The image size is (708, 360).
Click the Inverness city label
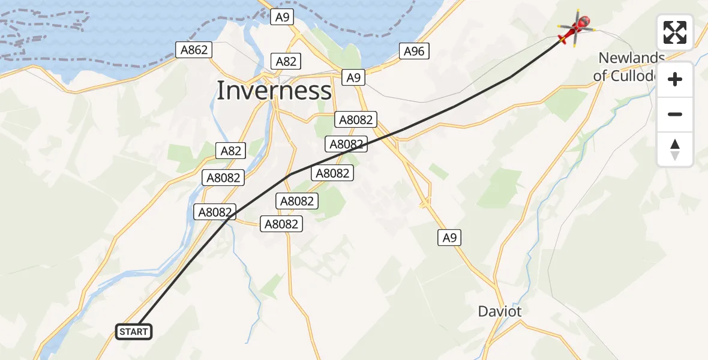point(274,91)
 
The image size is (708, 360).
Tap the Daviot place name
point(499,311)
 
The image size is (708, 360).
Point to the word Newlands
point(632,58)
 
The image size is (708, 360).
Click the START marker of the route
point(133,332)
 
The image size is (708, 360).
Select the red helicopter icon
point(576,27)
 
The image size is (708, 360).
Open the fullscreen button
point(675,32)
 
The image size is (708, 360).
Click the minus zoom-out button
point(675,115)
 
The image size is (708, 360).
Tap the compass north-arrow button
point(675,149)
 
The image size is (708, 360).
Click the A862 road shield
point(194,50)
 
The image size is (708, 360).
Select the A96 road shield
point(414,52)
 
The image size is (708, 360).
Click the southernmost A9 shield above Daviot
point(449,238)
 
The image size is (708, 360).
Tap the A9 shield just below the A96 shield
point(354,77)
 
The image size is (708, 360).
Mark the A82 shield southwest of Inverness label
point(231,151)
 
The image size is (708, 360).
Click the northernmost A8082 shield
point(356,119)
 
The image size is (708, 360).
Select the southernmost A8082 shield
point(281,224)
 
